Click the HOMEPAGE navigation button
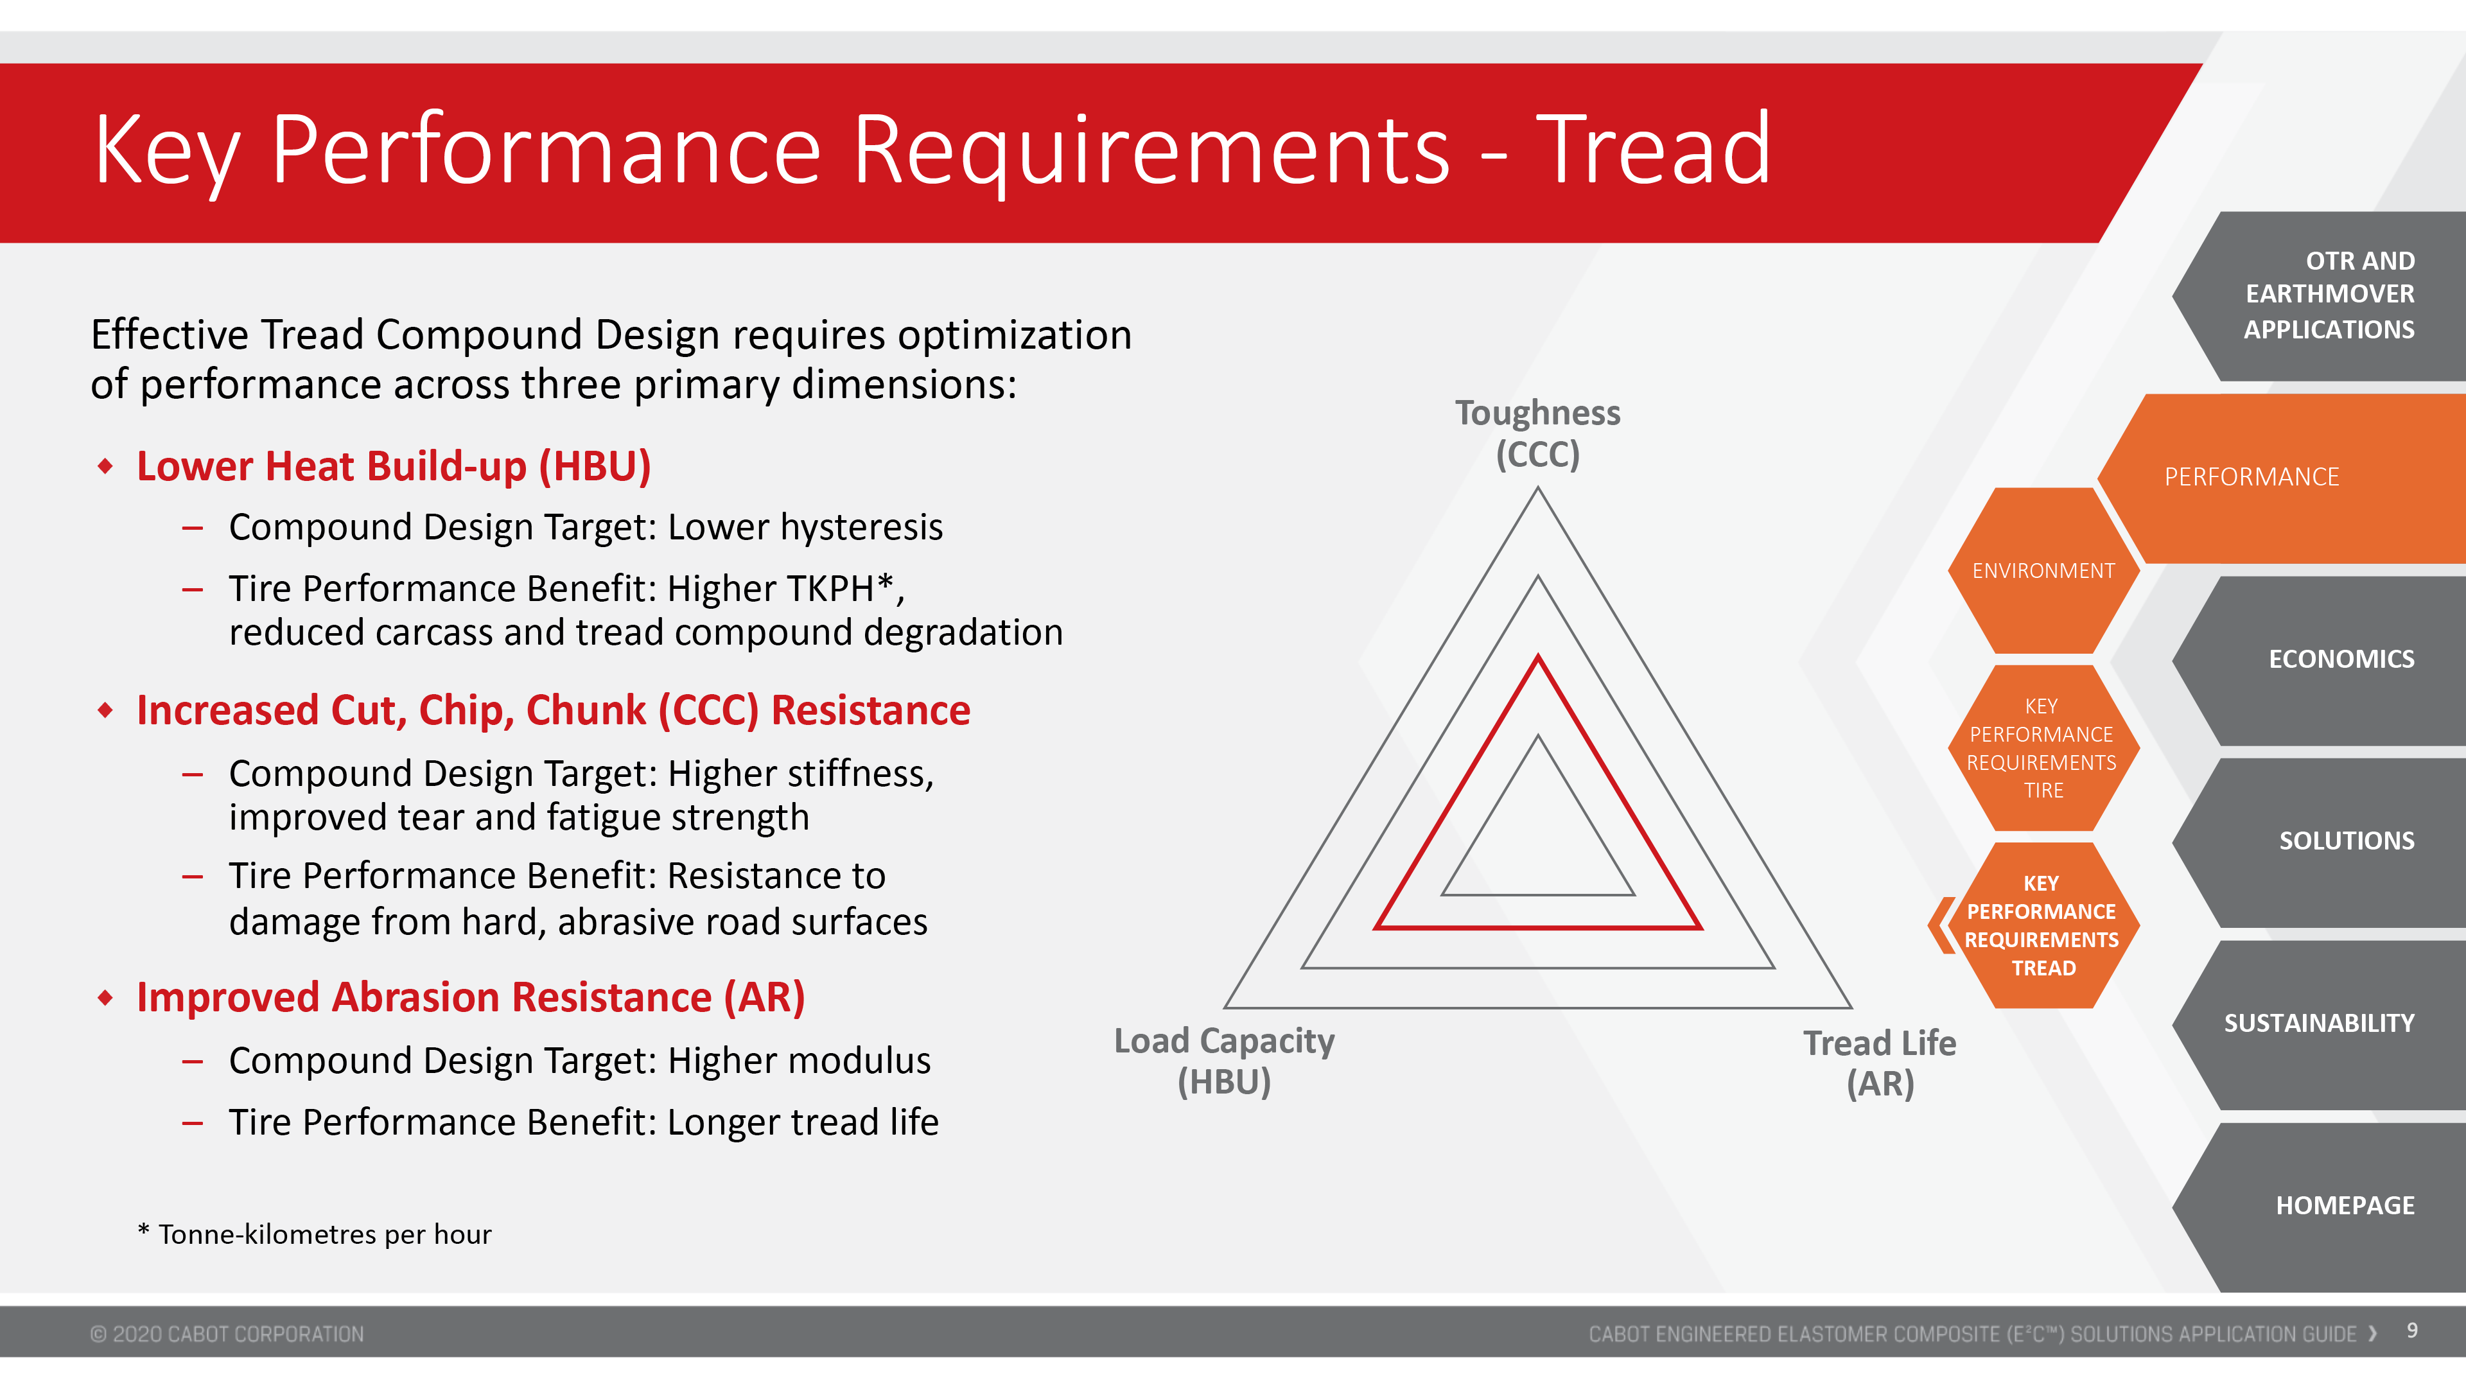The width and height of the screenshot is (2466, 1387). (x=2326, y=1206)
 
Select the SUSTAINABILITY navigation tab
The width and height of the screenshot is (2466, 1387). (x=2326, y=1024)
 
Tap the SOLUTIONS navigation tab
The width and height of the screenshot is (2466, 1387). (x=2326, y=841)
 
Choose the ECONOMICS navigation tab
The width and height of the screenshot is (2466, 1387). (x=2326, y=659)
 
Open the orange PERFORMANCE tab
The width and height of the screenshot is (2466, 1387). (x=2288, y=478)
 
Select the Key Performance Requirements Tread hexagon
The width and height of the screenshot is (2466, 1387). (x=2043, y=925)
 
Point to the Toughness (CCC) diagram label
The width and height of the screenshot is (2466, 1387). (x=1537, y=433)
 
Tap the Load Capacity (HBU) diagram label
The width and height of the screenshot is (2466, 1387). (x=1225, y=1061)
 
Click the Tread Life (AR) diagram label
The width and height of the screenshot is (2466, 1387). (x=1880, y=1063)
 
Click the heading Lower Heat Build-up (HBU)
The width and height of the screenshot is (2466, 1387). (x=394, y=466)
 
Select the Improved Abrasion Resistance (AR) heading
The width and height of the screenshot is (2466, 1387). (x=470, y=997)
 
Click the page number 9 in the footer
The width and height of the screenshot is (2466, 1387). (x=2413, y=1330)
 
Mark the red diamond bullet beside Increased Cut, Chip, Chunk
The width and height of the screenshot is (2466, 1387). (x=105, y=710)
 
